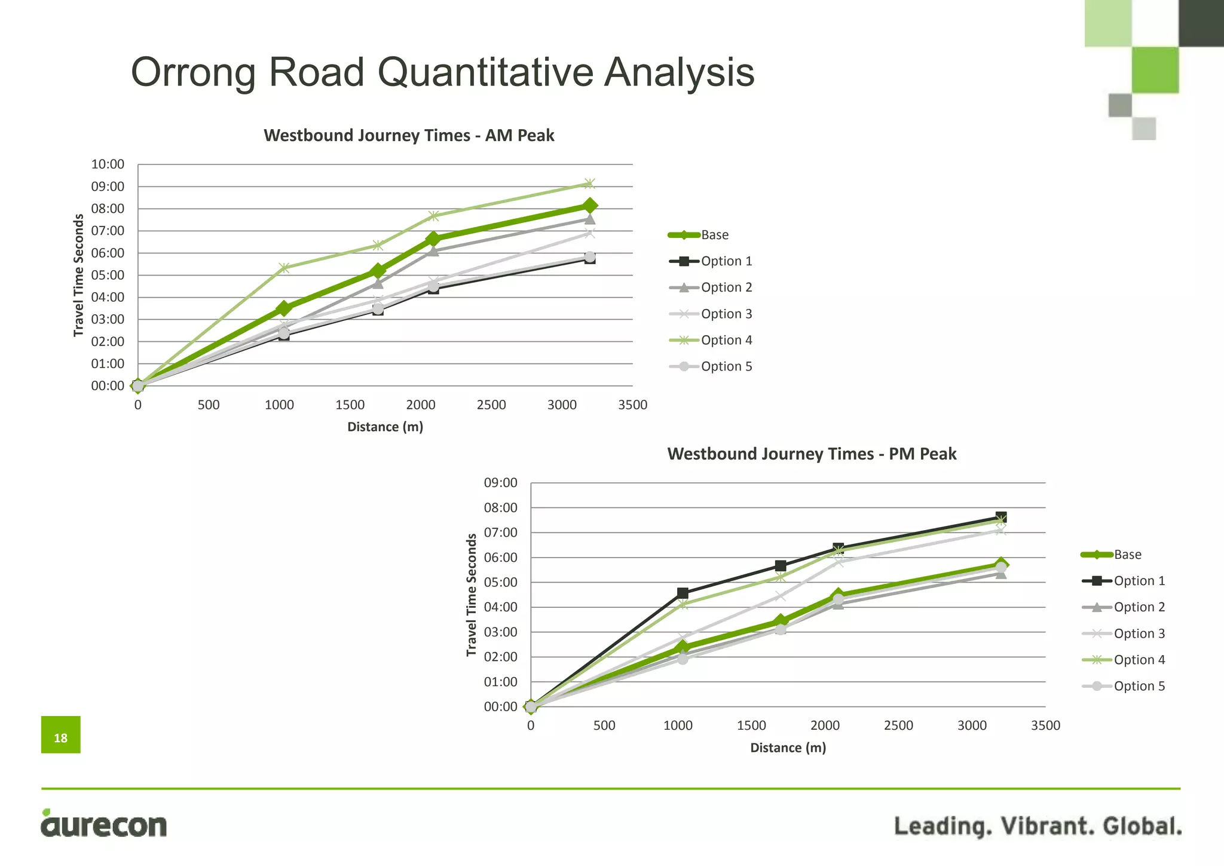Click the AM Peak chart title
point(409,136)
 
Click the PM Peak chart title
point(811,454)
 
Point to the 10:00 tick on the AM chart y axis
point(108,164)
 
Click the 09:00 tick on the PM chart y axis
point(500,483)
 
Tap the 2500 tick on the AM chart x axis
point(491,405)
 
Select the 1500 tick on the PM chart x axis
point(751,726)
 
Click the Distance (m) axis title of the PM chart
point(788,748)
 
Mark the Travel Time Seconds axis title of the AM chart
point(79,276)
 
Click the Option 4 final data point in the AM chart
point(589,183)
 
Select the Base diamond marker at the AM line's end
point(589,206)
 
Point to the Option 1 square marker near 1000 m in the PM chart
point(683,593)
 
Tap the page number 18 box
point(61,735)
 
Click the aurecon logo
point(104,824)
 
